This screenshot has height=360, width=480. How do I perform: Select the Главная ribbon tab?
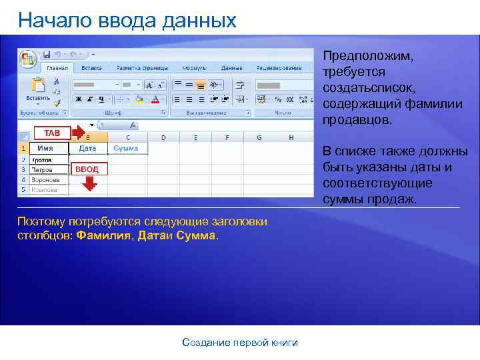[56, 68]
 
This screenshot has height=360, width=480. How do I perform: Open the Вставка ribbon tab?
[91, 68]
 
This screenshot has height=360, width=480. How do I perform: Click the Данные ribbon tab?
[231, 68]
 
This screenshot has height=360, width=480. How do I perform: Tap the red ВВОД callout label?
[87, 169]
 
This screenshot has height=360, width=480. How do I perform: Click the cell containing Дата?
[87, 148]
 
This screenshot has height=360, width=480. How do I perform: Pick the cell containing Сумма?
[125, 148]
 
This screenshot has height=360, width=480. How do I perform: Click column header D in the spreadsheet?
[163, 138]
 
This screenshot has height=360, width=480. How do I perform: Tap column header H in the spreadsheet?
[291, 138]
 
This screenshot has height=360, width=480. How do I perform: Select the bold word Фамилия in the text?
[105, 236]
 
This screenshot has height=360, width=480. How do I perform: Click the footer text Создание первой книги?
[240, 343]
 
